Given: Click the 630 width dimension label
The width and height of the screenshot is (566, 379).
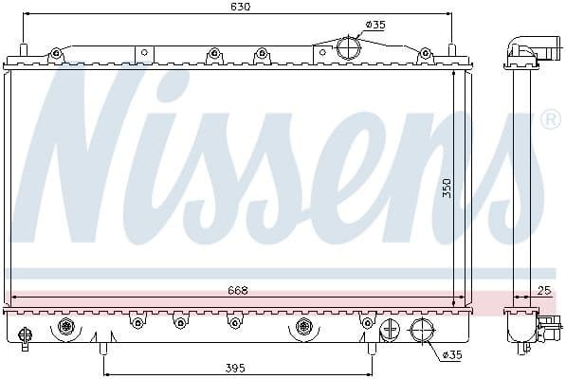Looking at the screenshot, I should (x=240, y=7).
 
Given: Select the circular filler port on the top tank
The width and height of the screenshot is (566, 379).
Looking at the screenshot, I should (x=349, y=46).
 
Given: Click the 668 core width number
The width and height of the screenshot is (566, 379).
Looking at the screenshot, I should (x=237, y=291).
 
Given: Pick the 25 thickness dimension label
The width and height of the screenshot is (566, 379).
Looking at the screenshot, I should (x=543, y=291).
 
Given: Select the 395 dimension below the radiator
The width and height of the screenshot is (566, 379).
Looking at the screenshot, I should (x=237, y=368).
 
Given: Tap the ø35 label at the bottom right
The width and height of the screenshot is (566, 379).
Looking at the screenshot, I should (x=453, y=355).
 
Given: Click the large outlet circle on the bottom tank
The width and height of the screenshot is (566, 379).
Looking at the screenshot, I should (x=422, y=331).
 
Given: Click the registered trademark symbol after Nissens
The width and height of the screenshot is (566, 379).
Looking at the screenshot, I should (x=549, y=120).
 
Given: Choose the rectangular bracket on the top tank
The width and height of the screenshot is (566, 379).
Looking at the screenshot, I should (x=144, y=54).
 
